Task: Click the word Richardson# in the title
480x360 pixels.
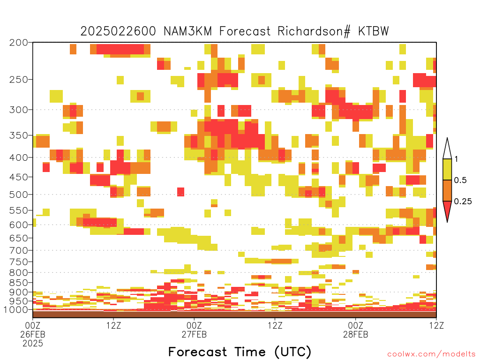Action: (x=314, y=31)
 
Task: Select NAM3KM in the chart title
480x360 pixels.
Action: (x=187, y=31)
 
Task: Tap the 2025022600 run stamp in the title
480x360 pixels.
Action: (x=118, y=31)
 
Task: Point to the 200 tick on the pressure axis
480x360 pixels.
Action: (x=19, y=43)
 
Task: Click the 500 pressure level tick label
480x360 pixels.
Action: (x=19, y=195)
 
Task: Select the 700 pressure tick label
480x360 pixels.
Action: (x=19, y=250)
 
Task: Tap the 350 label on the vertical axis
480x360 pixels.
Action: (x=19, y=135)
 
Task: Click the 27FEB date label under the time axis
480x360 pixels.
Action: (x=194, y=334)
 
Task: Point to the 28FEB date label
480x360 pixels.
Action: (x=355, y=334)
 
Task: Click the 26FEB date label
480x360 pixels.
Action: (x=33, y=334)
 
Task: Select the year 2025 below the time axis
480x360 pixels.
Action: (x=33, y=344)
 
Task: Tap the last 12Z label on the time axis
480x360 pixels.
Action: (x=436, y=325)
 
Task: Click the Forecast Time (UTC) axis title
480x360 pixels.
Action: (x=240, y=352)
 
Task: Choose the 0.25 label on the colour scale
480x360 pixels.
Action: (x=463, y=202)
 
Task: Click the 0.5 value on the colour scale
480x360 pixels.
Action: (x=460, y=180)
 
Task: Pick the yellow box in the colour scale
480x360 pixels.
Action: (x=447, y=169)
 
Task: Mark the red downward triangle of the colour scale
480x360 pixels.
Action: (x=447, y=211)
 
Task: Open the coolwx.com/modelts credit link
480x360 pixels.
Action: (x=431, y=354)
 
